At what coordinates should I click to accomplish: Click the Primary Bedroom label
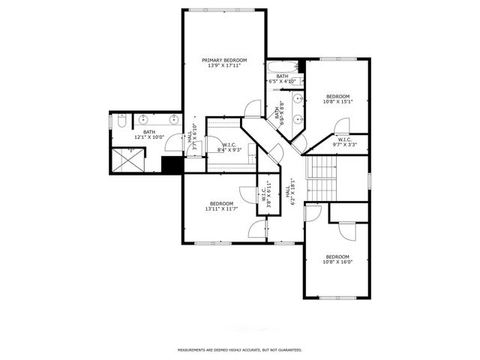coord(224,59)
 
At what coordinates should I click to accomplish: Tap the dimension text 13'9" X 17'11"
coord(224,65)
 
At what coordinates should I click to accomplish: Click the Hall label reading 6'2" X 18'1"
coord(288,191)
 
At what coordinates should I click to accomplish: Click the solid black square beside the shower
coord(172,164)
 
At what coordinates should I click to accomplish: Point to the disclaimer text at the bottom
coord(239,349)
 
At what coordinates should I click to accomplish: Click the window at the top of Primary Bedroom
coord(225,10)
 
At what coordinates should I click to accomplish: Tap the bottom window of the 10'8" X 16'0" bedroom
coord(337,298)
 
